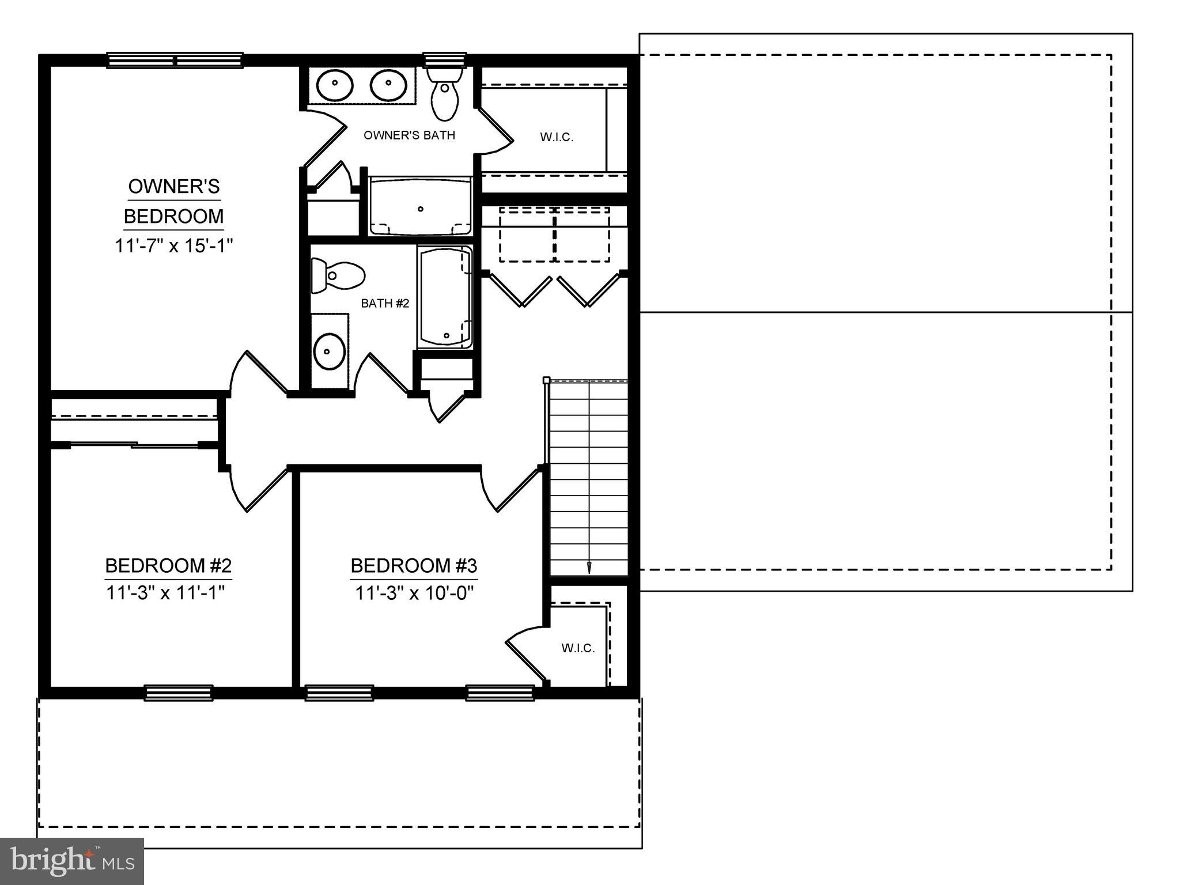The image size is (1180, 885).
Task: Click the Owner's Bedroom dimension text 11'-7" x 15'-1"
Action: pyautogui.click(x=173, y=246)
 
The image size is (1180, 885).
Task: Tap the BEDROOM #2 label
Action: pyautogui.click(x=168, y=565)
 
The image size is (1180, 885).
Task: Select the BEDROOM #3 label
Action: pyautogui.click(x=414, y=565)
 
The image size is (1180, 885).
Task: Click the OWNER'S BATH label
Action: pyautogui.click(x=409, y=135)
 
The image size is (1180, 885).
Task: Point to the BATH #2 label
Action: pyautogui.click(x=385, y=303)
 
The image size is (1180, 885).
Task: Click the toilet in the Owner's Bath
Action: pyautogui.click(x=445, y=94)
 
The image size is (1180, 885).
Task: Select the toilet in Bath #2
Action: pyautogui.click(x=336, y=275)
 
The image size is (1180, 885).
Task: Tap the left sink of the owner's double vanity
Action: pyautogui.click(x=335, y=85)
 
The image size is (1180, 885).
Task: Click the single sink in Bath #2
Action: pyautogui.click(x=329, y=351)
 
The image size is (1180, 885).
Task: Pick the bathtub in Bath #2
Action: pyautogui.click(x=445, y=297)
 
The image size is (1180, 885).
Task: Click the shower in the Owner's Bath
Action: pyautogui.click(x=420, y=206)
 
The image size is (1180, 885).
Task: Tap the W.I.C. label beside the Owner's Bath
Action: pyautogui.click(x=557, y=137)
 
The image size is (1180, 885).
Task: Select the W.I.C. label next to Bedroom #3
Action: pyautogui.click(x=578, y=648)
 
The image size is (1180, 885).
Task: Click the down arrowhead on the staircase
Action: pyautogui.click(x=589, y=568)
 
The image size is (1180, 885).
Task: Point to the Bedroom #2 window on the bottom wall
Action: pyautogui.click(x=178, y=693)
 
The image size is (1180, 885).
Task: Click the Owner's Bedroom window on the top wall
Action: pyautogui.click(x=175, y=60)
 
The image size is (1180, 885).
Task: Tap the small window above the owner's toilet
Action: pyautogui.click(x=444, y=59)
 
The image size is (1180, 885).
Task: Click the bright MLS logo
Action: pyautogui.click(x=71, y=861)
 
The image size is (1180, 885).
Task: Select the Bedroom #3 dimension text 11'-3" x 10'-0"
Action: pyautogui.click(x=414, y=593)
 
